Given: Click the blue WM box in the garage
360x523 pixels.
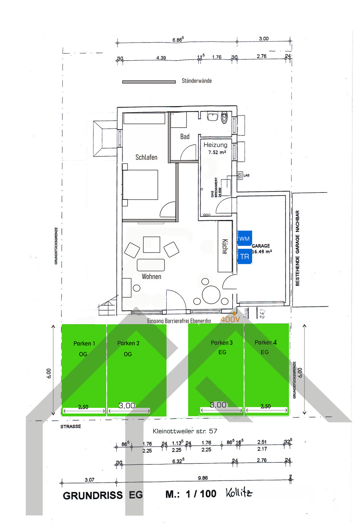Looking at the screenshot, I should [244, 238].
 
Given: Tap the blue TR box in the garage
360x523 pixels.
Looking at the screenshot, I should [244, 256].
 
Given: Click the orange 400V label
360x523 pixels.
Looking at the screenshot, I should [230, 319].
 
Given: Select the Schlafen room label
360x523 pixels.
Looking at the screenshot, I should [146, 157].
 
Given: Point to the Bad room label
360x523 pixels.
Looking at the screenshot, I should [185, 137].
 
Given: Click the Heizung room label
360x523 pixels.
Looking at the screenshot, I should [215, 145].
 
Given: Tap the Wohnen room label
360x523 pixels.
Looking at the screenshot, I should [151, 277].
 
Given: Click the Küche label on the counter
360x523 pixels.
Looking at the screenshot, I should [225, 246].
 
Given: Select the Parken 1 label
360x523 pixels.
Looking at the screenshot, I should [84, 344].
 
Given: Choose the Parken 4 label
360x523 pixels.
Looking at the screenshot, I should [266, 343].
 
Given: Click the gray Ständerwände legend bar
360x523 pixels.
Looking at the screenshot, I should [149, 82].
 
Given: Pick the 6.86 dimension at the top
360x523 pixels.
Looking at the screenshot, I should [178, 40].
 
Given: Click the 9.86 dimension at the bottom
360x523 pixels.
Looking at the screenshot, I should [203, 478].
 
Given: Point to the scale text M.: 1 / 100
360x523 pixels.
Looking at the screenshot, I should [191, 494].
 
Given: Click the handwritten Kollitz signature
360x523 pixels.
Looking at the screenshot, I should [239, 493].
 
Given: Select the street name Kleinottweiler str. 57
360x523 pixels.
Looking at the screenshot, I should [185, 431].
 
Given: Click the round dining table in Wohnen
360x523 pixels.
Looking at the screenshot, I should [211, 295].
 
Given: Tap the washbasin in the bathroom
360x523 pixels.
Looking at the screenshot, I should [213, 117].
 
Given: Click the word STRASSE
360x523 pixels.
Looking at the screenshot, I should [71, 427].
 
